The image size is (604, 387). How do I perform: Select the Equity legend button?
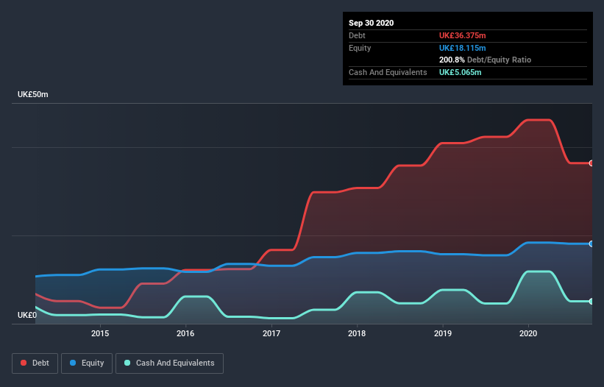click(x=87, y=363)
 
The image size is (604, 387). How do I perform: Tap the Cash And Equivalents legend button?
click(x=169, y=363)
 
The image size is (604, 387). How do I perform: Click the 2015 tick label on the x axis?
click(x=100, y=333)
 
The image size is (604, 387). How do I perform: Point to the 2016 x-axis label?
click(x=185, y=333)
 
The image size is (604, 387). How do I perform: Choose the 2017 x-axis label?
click(x=271, y=333)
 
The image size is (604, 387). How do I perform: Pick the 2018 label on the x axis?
click(x=357, y=333)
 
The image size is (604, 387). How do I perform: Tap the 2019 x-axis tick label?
click(x=443, y=333)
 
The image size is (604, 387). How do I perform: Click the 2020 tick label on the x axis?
click(x=528, y=333)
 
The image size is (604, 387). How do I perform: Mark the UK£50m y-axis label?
click(x=33, y=95)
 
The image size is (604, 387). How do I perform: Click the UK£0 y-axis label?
click(x=27, y=315)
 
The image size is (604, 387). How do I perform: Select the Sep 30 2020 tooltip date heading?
click(x=371, y=23)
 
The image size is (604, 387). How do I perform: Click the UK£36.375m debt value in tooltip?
click(x=463, y=35)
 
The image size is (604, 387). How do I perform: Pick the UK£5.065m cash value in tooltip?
click(x=460, y=72)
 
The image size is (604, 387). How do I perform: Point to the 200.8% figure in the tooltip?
click(x=452, y=60)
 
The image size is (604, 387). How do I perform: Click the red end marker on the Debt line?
click(x=591, y=163)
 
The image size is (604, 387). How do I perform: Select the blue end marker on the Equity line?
click(x=591, y=244)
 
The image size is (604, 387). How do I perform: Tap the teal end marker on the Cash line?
click(x=591, y=301)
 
